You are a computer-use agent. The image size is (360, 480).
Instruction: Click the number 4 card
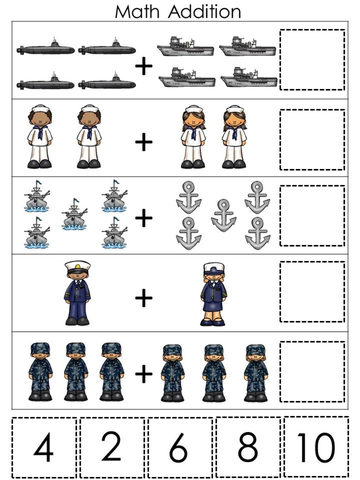pos(44,448)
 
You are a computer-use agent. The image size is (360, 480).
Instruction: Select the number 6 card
pos(180,448)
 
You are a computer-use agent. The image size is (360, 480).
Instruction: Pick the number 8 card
pos(248,447)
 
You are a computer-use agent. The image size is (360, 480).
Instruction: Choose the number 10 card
pos(316,447)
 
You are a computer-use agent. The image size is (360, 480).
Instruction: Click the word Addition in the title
pos(204,11)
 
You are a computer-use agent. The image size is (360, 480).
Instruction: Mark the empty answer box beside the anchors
pos(312,215)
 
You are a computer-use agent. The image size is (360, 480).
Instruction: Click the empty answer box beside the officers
pos(312,291)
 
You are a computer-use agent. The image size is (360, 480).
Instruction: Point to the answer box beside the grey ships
pos(312,60)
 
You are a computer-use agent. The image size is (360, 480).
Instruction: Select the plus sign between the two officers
pos(144,298)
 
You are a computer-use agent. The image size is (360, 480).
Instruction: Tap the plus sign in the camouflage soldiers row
pos(144,374)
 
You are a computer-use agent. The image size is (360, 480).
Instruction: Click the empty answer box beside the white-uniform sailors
pos(312,139)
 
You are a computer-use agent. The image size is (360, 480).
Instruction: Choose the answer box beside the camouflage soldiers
pos(312,372)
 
